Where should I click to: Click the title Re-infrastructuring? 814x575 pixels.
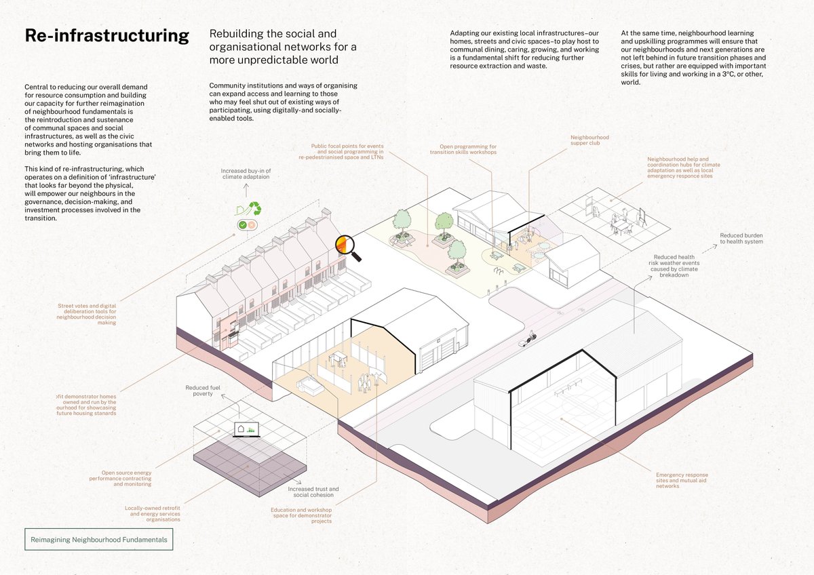tap(106, 36)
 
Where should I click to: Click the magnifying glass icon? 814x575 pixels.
tap(348, 248)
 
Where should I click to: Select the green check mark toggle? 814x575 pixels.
tap(242, 224)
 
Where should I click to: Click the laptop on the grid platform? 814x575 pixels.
tap(242, 430)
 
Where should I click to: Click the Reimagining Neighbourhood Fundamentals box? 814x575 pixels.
tap(98, 540)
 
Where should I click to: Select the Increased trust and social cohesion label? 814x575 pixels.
tap(313, 492)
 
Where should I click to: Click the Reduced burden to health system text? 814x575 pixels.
tap(741, 239)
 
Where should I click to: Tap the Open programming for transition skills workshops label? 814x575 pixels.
tap(463, 149)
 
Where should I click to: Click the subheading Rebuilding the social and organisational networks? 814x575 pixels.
tap(283, 47)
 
